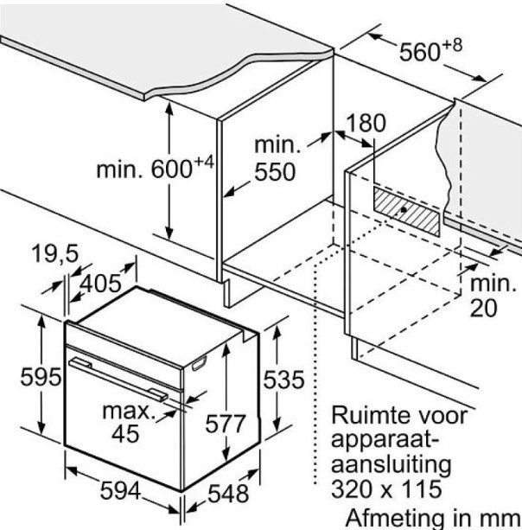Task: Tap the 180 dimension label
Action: [367, 123]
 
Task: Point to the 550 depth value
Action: [275, 172]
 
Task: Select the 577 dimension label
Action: [226, 424]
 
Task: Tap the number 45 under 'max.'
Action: [126, 433]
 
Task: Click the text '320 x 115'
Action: [386, 489]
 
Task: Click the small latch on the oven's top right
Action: [201, 362]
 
